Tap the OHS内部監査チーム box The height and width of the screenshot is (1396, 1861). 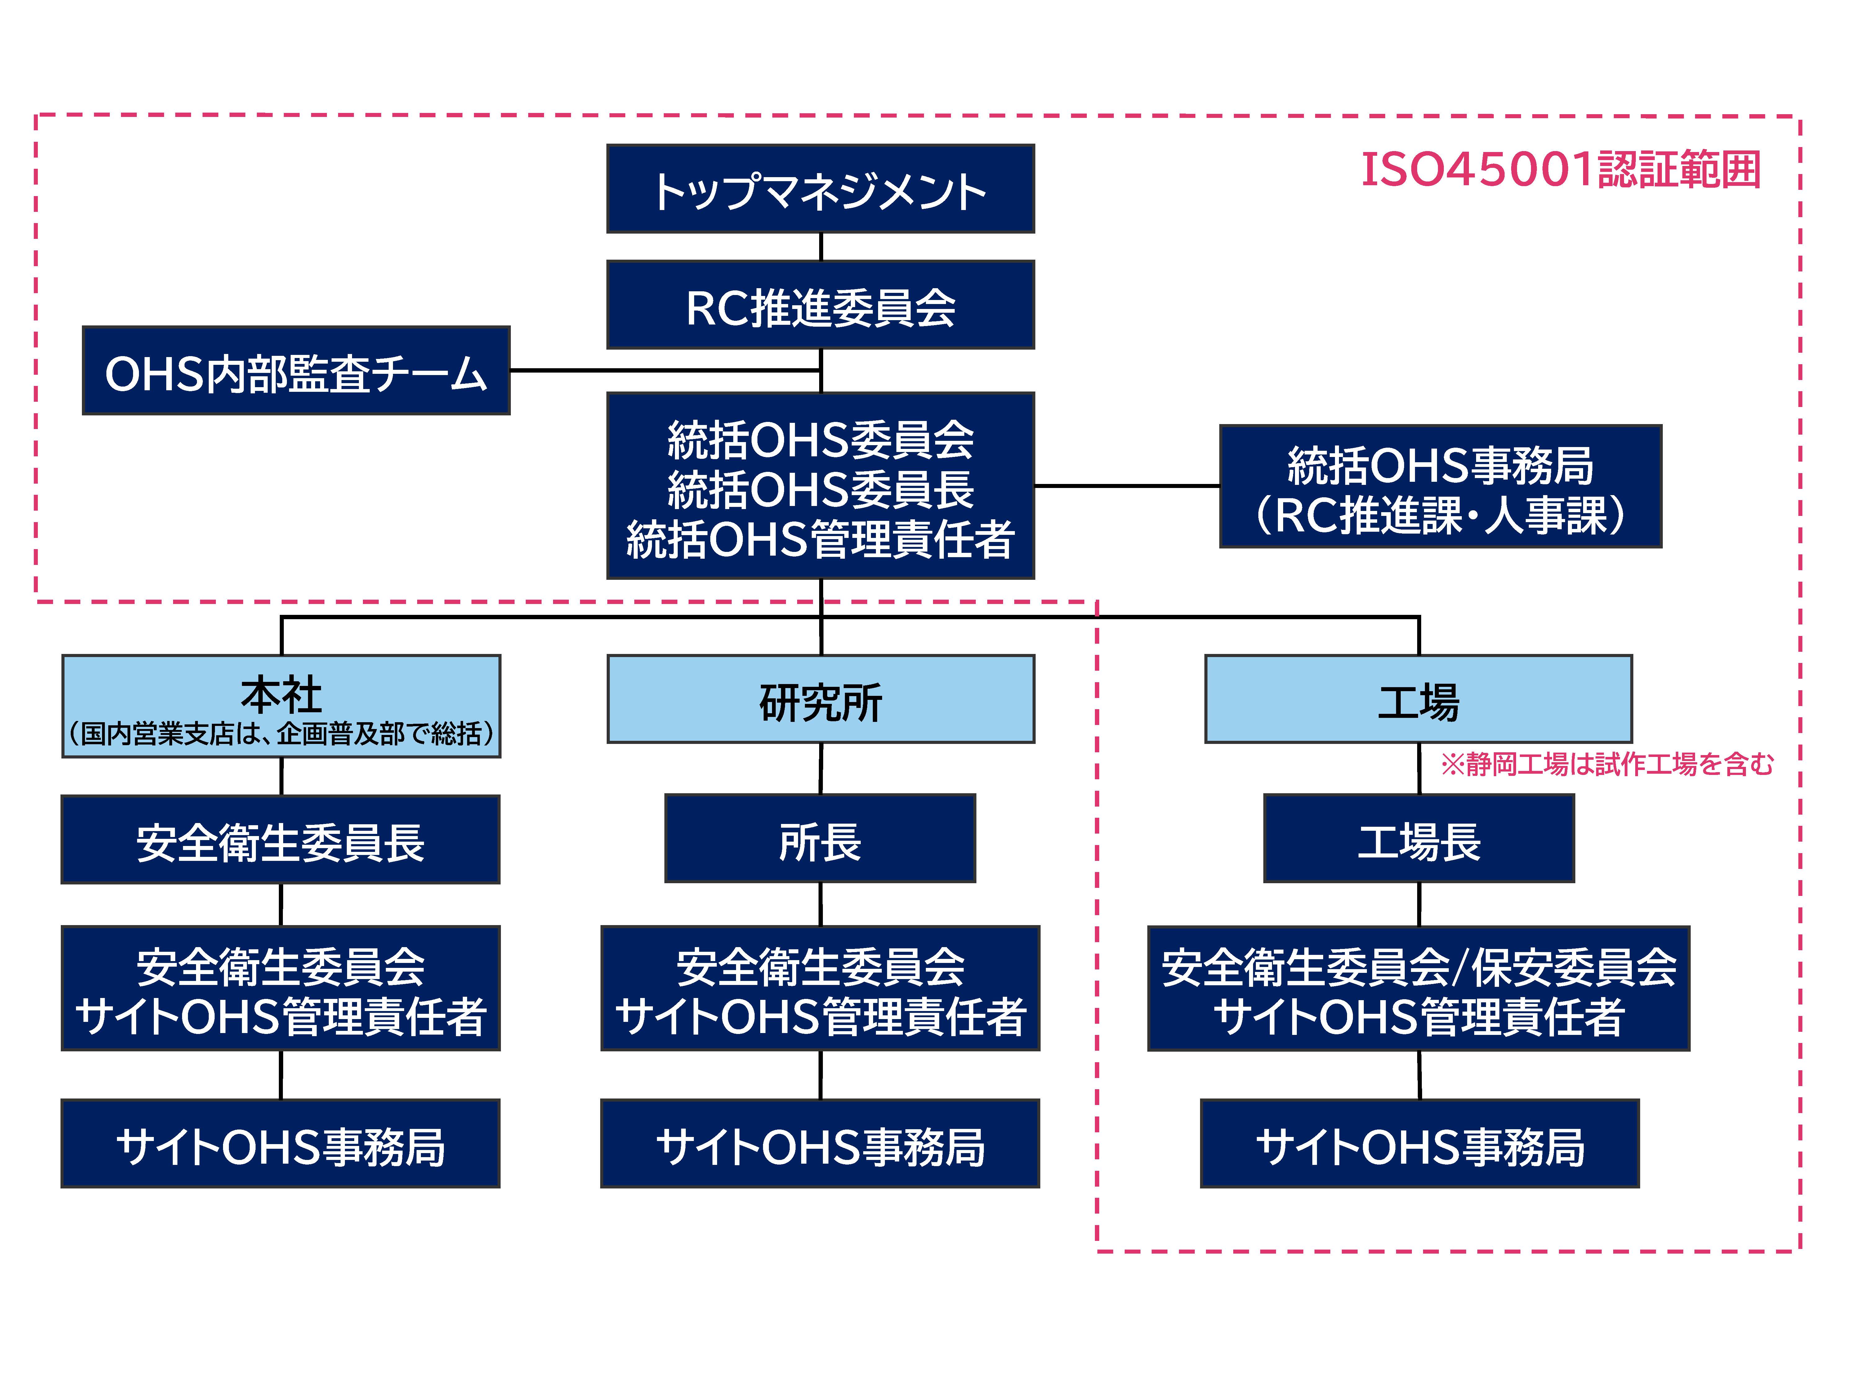tap(296, 370)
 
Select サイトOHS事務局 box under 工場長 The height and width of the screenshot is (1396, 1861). tap(1418, 1143)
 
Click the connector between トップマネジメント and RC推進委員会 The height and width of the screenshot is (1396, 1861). tap(820, 247)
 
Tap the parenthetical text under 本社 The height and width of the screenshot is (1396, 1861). tap(281, 734)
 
